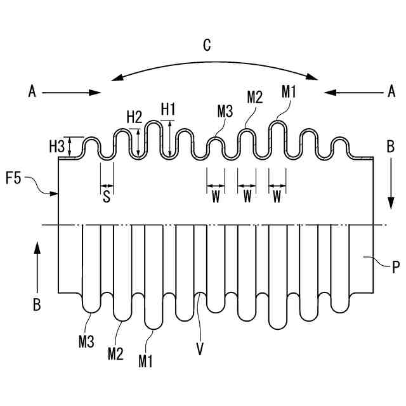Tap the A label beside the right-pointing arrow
point(32,92)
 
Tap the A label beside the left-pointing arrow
point(391,92)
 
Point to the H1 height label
point(168,108)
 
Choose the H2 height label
point(134,117)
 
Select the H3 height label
point(57,147)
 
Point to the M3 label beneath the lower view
point(87,343)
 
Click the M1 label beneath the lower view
point(145,361)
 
